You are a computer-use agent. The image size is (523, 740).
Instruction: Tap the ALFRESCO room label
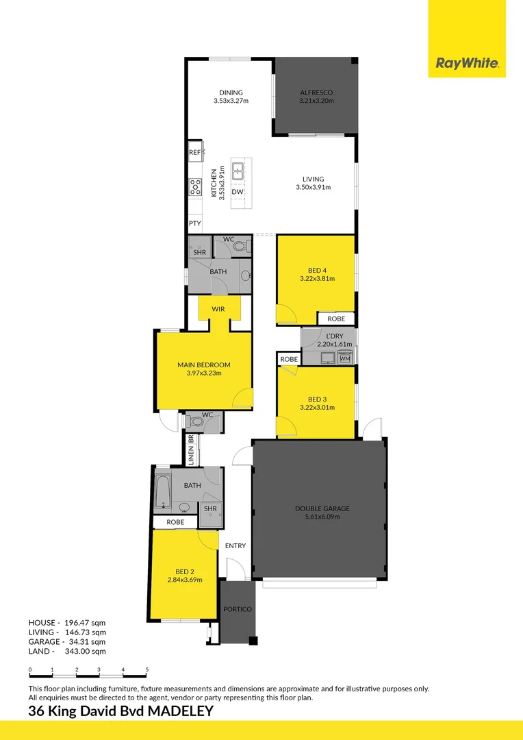tap(316, 92)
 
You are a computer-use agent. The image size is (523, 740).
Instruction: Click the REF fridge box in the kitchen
tap(194, 152)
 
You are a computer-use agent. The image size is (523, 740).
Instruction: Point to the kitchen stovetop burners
tap(195, 186)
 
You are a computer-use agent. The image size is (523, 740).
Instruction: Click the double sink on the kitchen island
tap(238, 170)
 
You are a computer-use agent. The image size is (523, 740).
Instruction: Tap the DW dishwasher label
tap(237, 192)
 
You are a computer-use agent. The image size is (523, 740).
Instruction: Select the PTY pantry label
tap(194, 223)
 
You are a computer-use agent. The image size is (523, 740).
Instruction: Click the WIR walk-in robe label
tap(218, 309)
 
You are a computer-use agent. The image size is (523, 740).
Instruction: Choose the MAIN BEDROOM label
tap(203, 365)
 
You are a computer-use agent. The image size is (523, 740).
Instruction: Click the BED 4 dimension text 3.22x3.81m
tap(316, 279)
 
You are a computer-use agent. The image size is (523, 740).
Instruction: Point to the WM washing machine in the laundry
tap(344, 358)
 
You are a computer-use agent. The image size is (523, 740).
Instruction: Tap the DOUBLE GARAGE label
tap(322, 508)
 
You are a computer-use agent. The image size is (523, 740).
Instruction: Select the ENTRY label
tap(235, 545)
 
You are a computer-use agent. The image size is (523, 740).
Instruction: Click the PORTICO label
tap(238, 609)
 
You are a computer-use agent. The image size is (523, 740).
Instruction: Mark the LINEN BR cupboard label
tap(191, 449)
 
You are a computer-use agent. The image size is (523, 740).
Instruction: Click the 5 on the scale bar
tap(147, 669)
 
